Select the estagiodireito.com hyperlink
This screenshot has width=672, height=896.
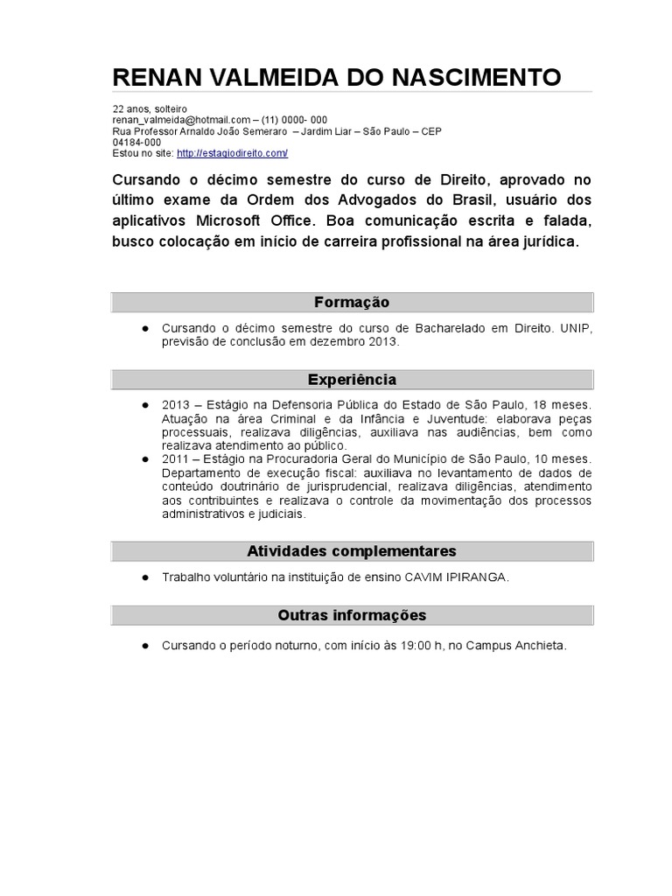coord(232,153)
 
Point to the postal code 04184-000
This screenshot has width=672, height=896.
coord(136,142)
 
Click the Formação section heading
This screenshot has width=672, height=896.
coord(352,302)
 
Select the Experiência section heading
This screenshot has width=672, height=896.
coord(352,380)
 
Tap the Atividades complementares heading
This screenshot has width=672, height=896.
coord(352,551)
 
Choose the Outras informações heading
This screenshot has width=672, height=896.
coord(352,615)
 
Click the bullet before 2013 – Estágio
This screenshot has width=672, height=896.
coord(143,405)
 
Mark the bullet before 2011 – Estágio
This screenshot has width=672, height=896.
coord(143,458)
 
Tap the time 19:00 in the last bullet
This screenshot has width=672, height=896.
coord(409,646)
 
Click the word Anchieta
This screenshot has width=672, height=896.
coord(538,646)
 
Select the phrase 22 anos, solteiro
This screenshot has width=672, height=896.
coord(143,108)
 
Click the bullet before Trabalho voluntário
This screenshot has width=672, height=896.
coord(143,577)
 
